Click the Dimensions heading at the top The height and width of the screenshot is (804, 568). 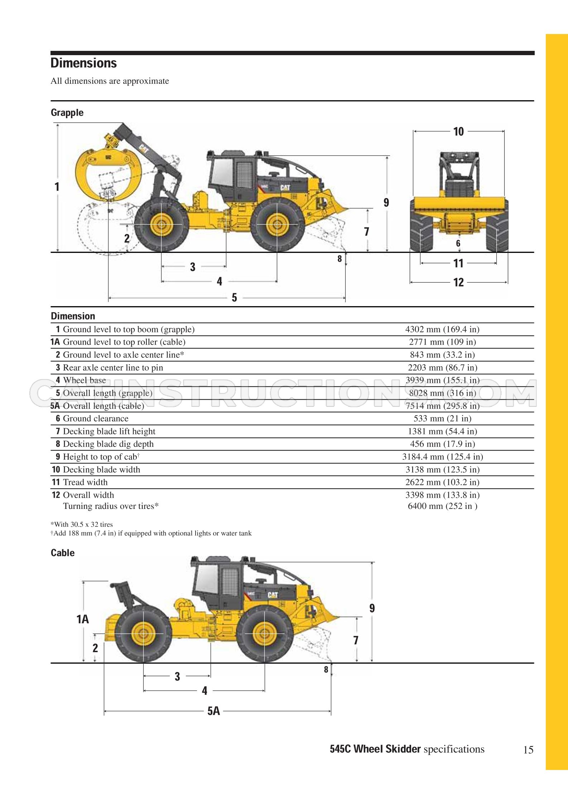(x=83, y=63)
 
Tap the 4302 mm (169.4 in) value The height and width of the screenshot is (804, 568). (x=442, y=329)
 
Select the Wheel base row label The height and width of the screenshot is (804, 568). (x=85, y=380)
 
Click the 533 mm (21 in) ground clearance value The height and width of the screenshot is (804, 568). (x=442, y=418)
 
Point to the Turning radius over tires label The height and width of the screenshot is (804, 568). (x=111, y=506)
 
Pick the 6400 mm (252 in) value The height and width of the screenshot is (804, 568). (x=443, y=506)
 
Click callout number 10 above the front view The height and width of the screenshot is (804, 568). (x=458, y=132)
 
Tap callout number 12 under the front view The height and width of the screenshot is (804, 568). (x=458, y=283)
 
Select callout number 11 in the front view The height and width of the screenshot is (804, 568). (x=458, y=264)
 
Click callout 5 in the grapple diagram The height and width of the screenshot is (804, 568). (x=234, y=298)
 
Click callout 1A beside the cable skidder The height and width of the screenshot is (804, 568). (x=83, y=619)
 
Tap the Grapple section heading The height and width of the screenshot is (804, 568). (x=67, y=112)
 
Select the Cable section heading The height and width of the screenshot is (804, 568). (x=63, y=553)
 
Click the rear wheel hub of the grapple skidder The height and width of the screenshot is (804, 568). (x=162, y=224)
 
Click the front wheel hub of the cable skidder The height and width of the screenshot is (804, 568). (x=265, y=634)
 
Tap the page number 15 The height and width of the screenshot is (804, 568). (x=528, y=750)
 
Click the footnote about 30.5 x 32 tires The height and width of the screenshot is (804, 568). (x=82, y=525)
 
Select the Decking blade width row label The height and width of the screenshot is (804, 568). (x=101, y=470)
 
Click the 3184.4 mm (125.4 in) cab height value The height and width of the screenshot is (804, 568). (x=443, y=457)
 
